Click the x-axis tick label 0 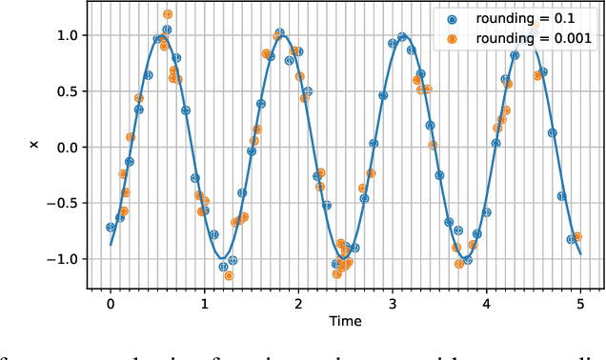click(111, 303)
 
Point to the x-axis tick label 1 click(204, 303)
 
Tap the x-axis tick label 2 click(298, 303)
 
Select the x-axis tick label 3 click(393, 303)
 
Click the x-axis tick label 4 click(487, 303)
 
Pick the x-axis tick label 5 click(580, 303)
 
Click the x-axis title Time click(345, 322)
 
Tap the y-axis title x click(34, 145)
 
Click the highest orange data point click(168, 14)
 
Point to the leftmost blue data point click(111, 227)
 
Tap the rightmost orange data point click(576, 236)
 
